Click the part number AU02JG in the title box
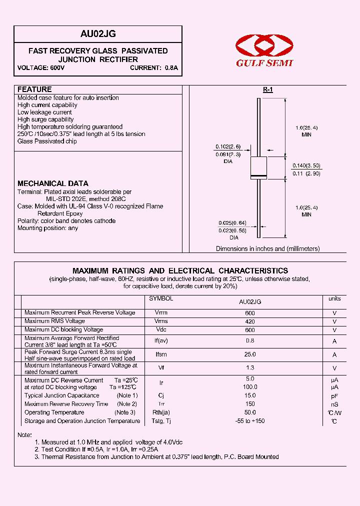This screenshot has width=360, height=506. (98, 34)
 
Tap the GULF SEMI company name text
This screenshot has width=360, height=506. (264, 63)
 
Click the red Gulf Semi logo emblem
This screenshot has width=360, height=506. (263, 45)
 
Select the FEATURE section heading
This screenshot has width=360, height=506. (34, 89)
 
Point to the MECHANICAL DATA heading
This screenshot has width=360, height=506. (53, 183)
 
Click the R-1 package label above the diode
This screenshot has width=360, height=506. (268, 89)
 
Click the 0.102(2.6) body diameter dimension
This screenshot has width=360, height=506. (228, 146)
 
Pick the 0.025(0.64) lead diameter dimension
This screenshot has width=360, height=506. (232, 223)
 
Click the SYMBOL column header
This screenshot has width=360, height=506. (161, 298)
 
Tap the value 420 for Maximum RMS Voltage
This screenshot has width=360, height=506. (250, 321)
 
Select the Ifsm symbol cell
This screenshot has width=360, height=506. (161, 354)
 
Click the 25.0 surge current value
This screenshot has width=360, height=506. (250, 354)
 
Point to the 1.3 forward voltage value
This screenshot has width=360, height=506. (250, 368)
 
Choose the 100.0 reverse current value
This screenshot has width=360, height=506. (250, 387)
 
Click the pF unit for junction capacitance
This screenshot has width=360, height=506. (334, 395)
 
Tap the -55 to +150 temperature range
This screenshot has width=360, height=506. (250, 421)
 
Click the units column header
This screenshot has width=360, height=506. (334, 298)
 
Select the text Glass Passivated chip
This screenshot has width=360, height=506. (47, 141)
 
